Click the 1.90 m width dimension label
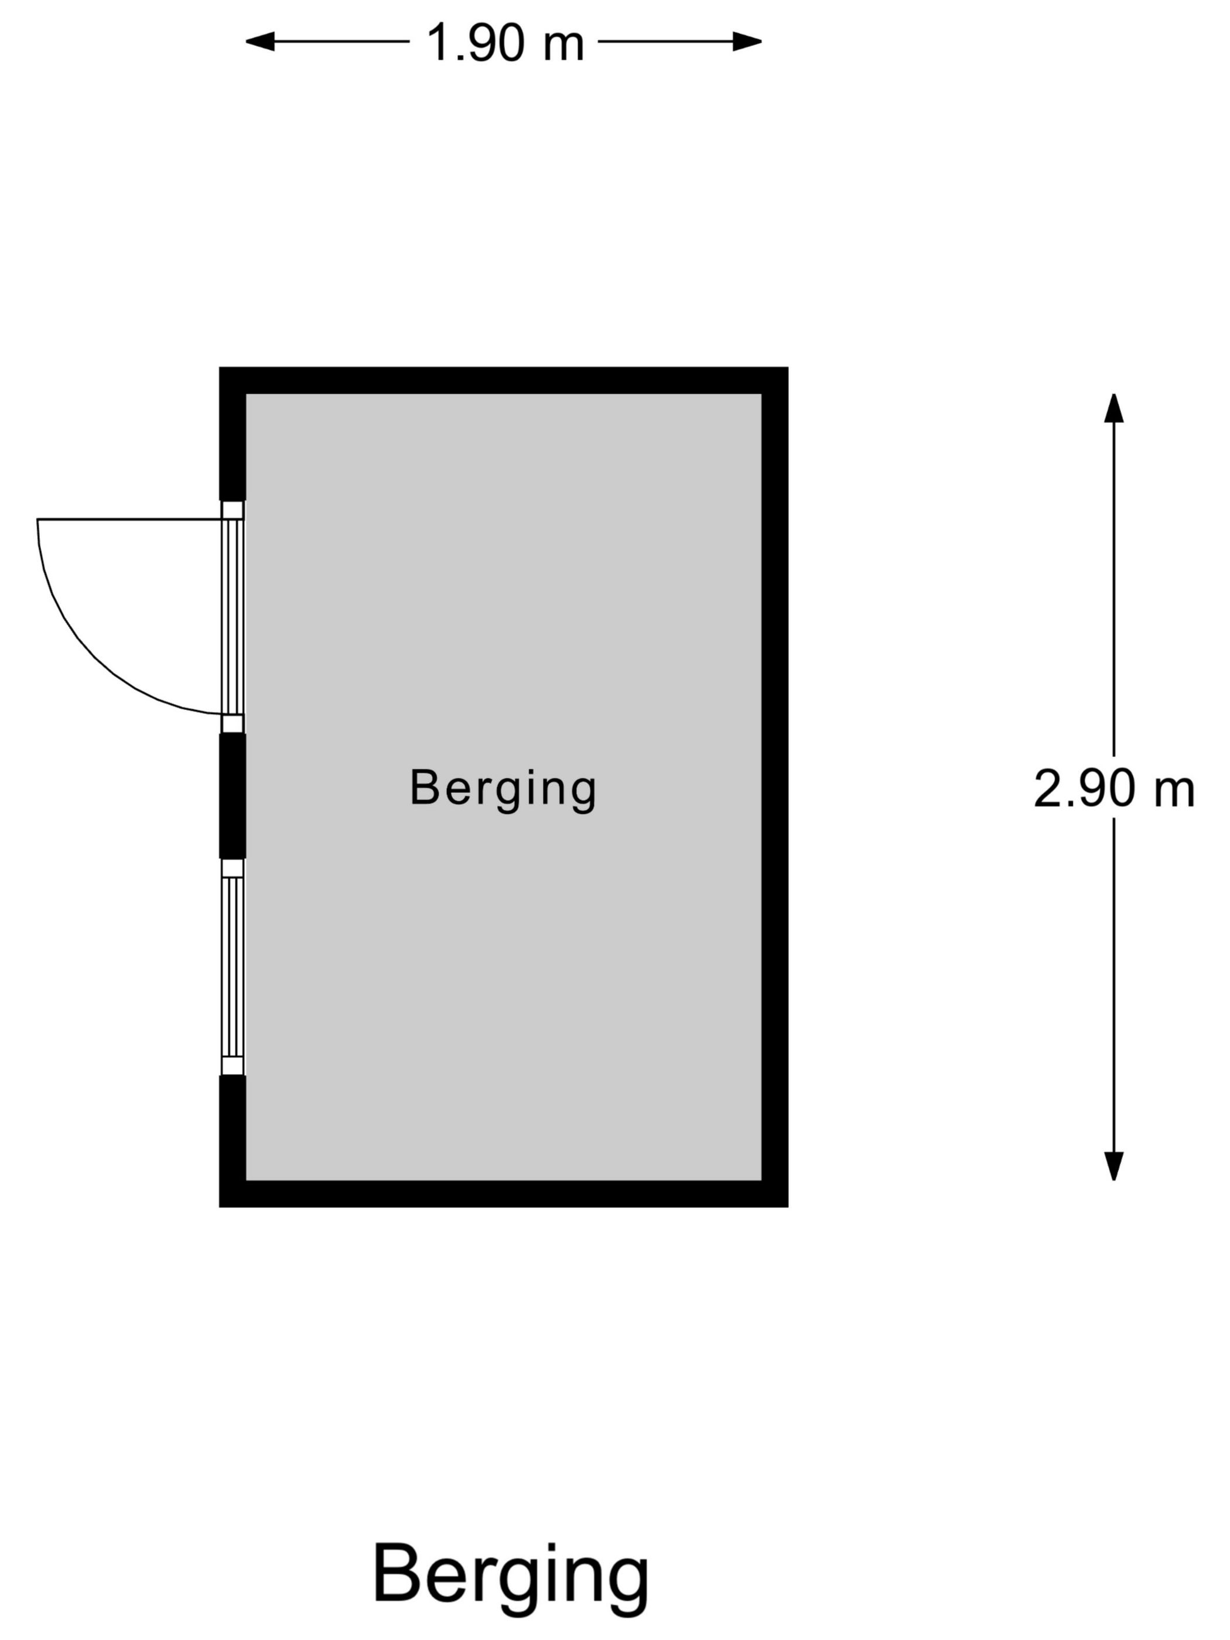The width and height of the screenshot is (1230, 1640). coord(505,42)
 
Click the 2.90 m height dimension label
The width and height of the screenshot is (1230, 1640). coord(1113,788)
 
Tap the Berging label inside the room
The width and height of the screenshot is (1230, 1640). coord(503,790)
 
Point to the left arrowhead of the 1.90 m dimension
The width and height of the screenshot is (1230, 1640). coord(260,42)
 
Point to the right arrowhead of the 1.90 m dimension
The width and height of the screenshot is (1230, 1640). coord(747,42)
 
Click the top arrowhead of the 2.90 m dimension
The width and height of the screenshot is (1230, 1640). coord(1113,408)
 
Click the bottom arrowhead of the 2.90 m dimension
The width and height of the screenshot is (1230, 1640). coord(1113,1166)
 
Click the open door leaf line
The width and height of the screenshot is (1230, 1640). coord(130,519)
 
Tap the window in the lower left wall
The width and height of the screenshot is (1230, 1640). coord(233,967)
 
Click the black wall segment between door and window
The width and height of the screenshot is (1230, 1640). coord(232,795)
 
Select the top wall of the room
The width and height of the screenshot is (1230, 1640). coord(503,380)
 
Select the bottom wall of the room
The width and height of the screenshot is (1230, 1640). coord(503,1194)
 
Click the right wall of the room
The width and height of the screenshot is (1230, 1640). coord(775,787)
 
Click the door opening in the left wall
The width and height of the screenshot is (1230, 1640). coord(233,617)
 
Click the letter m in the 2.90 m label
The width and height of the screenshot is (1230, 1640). coord(1175,794)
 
